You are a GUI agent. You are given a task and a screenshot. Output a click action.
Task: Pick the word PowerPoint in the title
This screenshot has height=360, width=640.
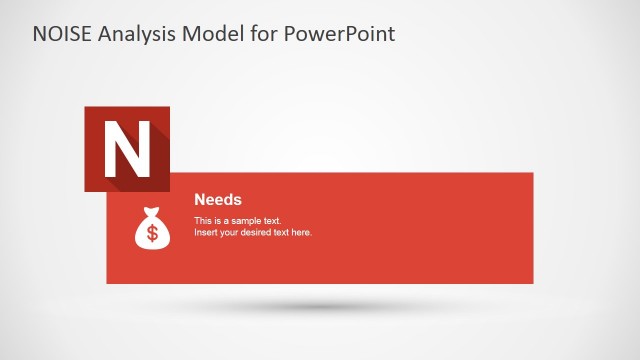coord(341,34)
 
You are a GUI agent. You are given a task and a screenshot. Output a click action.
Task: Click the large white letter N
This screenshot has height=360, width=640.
coord(127,150)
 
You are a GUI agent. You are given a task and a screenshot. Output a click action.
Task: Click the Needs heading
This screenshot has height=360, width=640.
coord(218,200)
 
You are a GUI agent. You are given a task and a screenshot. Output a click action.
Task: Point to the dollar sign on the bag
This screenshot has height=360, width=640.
coord(153,234)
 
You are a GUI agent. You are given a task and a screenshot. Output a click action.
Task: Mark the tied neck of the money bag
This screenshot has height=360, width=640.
coord(153,213)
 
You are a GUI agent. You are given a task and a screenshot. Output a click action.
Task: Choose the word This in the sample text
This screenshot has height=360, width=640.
coord(203,220)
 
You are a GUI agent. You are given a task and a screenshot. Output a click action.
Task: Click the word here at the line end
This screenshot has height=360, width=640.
coord(302,232)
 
